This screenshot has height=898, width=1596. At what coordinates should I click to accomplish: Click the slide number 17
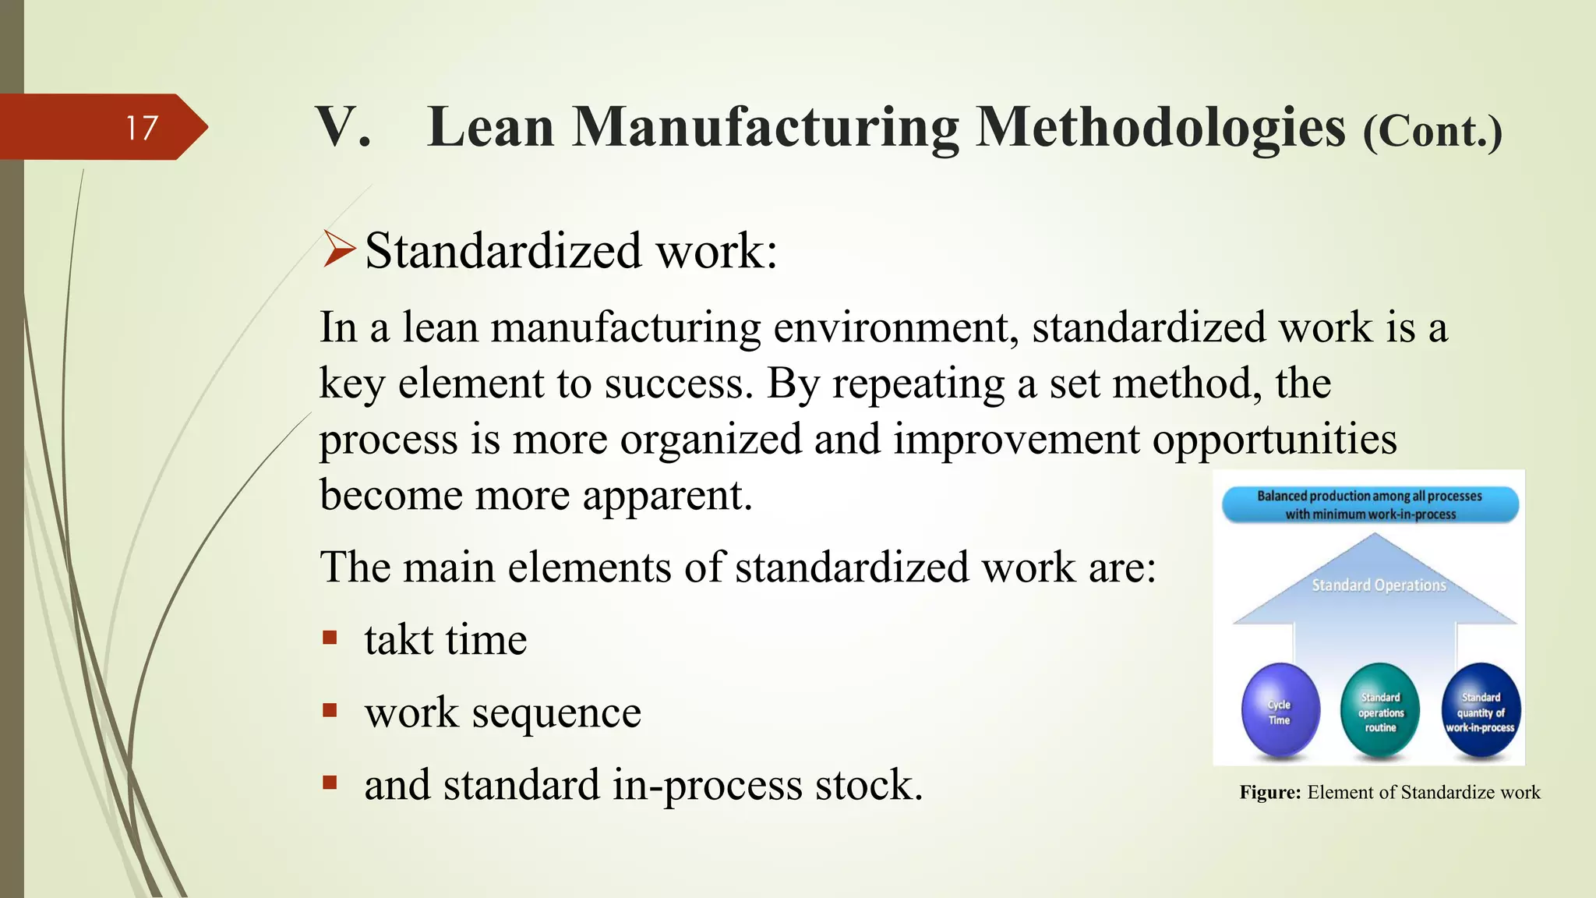tap(142, 128)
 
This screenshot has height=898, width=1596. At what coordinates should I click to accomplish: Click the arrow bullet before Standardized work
tap(339, 250)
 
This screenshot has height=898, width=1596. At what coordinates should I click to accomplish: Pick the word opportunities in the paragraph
tap(1275, 440)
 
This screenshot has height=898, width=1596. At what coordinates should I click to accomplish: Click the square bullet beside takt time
tap(330, 638)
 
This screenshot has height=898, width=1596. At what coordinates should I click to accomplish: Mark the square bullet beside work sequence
tap(330, 711)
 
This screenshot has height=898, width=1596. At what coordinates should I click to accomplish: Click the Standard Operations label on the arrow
tap(1379, 585)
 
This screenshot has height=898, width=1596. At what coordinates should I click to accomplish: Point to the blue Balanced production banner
tap(1370, 504)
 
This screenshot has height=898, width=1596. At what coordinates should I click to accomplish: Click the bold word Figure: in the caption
tap(1270, 793)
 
